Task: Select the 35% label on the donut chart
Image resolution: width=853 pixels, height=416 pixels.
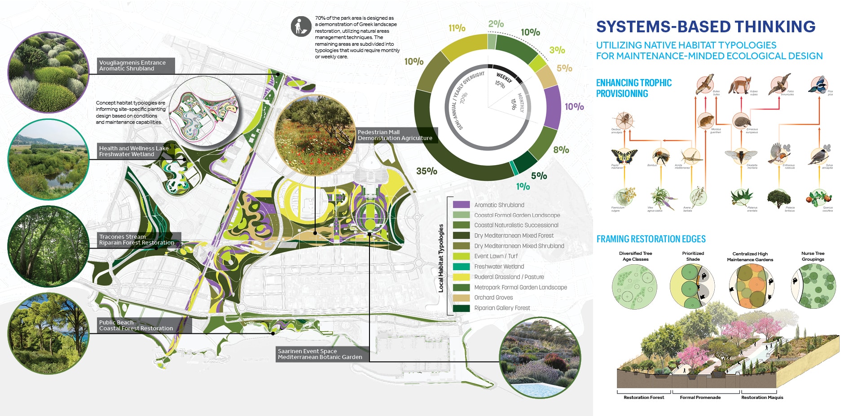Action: (x=426, y=171)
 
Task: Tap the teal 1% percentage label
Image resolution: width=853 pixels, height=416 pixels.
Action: (x=523, y=186)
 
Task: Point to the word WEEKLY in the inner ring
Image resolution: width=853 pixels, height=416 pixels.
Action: (x=504, y=78)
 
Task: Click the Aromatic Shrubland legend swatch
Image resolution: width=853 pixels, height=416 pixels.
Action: (x=461, y=205)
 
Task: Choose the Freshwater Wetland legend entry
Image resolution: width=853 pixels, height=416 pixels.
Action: (x=499, y=267)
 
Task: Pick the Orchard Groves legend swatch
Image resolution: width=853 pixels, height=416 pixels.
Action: (x=461, y=298)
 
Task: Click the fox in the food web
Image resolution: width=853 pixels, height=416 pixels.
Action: (x=739, y=85)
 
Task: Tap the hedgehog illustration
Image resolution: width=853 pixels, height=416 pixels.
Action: (x=741, y=120)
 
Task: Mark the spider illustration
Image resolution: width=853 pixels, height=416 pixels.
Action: (x=624, y=120)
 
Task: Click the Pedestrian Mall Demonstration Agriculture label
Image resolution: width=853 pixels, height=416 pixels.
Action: (x=395, y=135)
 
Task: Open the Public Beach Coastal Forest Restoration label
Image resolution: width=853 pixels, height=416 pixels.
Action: (x=136, y=325)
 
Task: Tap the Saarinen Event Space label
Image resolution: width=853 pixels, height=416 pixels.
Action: (x=320, y=354)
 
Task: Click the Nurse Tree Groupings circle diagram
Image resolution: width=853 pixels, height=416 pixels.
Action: (x=813, y=286)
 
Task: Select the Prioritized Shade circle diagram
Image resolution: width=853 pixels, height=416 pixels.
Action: (x=692, y=286)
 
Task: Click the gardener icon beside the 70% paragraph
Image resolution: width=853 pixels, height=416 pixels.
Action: (x=301, y=26)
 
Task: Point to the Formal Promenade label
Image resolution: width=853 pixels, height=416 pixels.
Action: (x=700, y=398)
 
